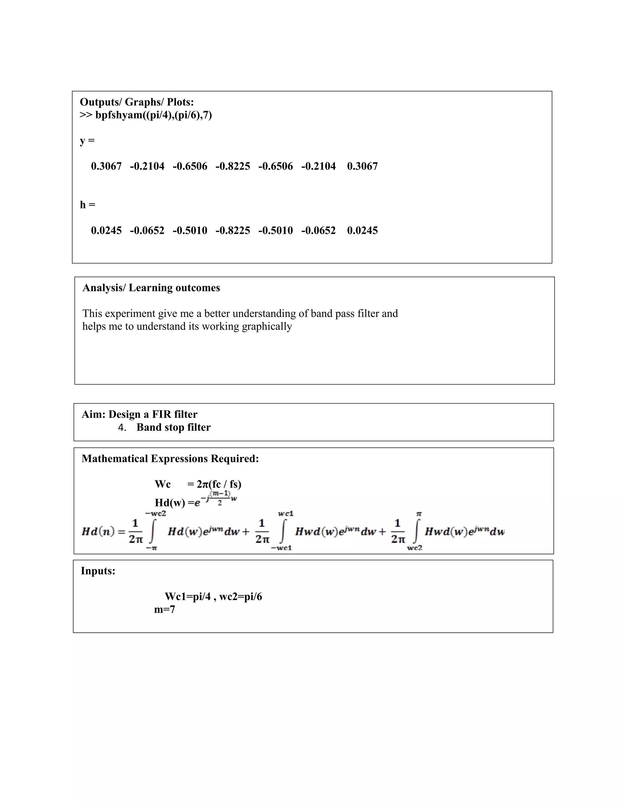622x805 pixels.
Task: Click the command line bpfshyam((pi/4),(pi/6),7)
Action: tap(153, 115)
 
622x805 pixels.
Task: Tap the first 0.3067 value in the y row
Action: tap(106, 166)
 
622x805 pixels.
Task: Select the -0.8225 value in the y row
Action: tap(233, 166)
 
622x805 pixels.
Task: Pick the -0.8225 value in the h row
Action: tap(233, 231)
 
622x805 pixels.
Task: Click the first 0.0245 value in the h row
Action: tap(106, 231)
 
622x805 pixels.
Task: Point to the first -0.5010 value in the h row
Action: tap(190, 231)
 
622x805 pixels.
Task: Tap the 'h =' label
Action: tap(88, 205)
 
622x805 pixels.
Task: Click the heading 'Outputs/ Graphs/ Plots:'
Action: tap(137, 102)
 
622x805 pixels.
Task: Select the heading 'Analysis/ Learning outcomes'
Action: tap(151, 288)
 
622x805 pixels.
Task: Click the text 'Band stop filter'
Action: tap(173, 428)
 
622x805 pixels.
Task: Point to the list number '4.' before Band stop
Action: tap(122, 428)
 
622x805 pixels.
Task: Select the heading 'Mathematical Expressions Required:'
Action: tap(170, 459)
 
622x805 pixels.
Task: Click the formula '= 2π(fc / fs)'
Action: tap(214, 484)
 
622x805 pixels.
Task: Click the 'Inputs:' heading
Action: tap(98, 571)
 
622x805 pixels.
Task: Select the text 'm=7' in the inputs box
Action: tap(164, 610)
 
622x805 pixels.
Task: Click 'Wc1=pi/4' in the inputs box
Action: tap(187, 597)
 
